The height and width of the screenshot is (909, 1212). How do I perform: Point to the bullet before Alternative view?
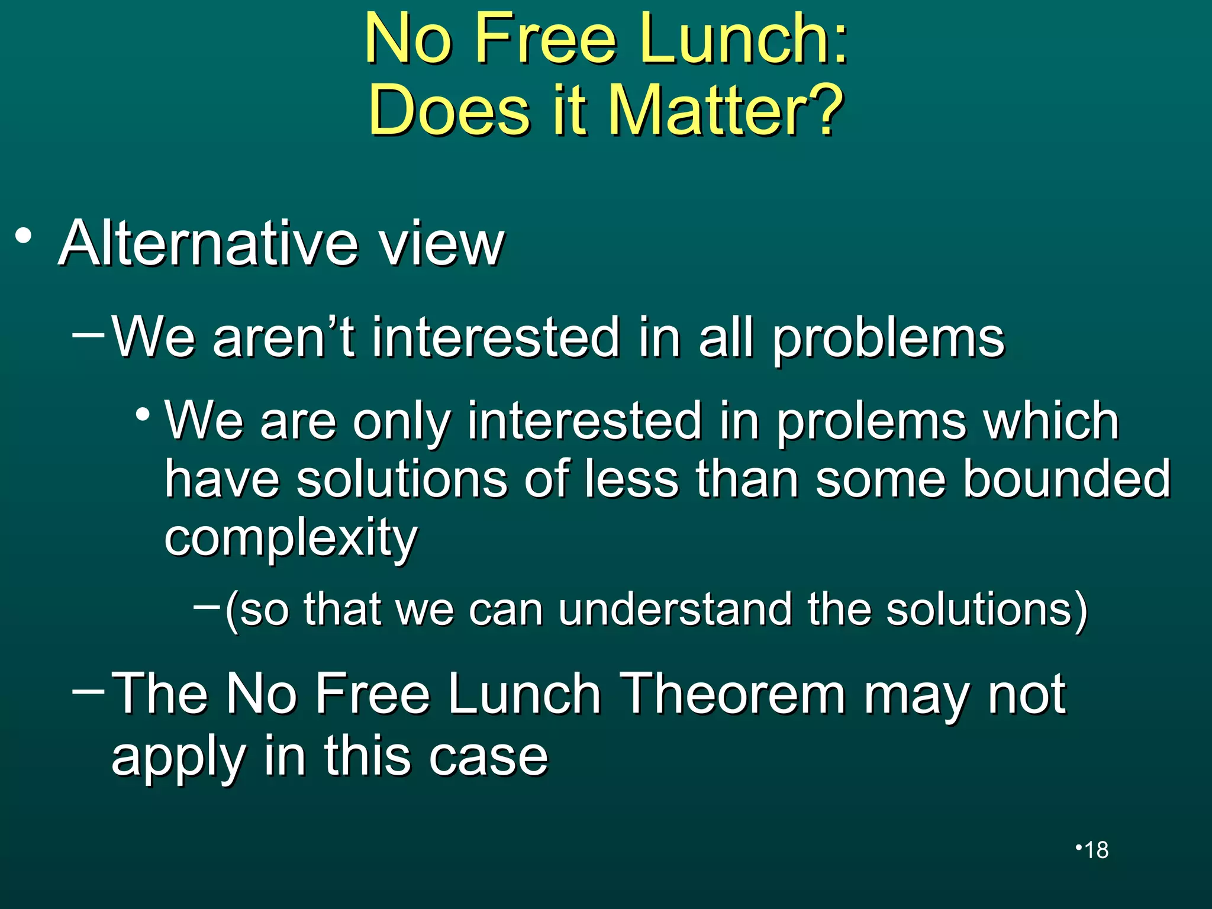[24, 236]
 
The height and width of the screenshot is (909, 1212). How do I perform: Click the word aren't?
[283, 338]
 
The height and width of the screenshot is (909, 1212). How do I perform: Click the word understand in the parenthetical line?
[675, 609]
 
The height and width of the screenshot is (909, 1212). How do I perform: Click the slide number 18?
[1096, 850]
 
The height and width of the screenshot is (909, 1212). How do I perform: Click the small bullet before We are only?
[142, 414]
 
